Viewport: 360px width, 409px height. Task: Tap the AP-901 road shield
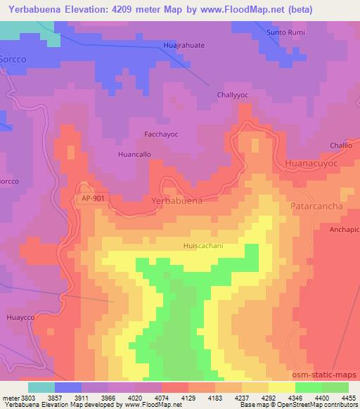click(x=93, y=200)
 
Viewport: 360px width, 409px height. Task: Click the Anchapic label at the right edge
click(x=344, y=230)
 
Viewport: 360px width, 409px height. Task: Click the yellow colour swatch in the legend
click(x=281, y=387)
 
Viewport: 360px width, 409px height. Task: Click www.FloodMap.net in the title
click(x=233, y=10)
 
